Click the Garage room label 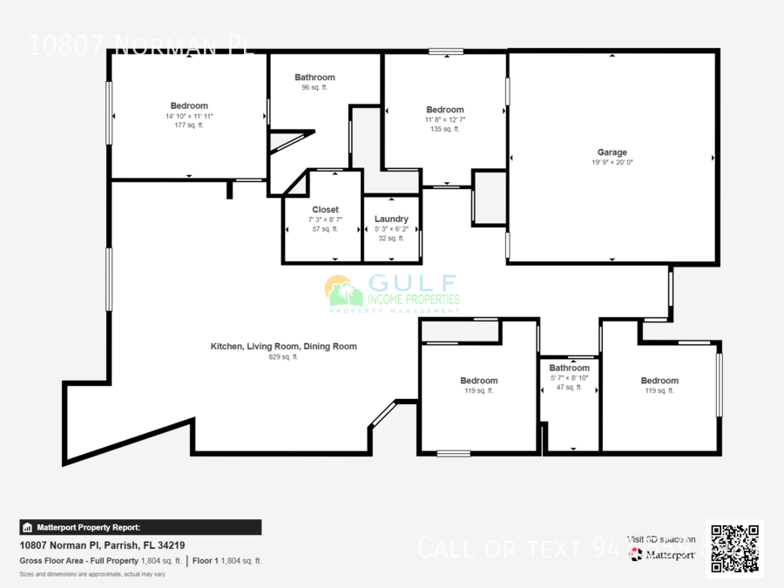[x=612, y=152]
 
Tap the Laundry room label [x=391, y=219]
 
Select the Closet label [x=325, y=210]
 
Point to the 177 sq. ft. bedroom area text [x=188, y=125]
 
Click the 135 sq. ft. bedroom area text [x=445, y=129]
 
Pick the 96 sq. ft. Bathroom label [x=314, y=78]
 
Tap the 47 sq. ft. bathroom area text [x=569, y=387]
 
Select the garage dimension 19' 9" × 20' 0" [x=612, y=162]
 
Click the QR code [x=734, y=549]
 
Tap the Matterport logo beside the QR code [x=664, y=554]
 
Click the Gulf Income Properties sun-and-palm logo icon [x=343, y=292]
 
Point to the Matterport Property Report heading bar [x=140, y=527]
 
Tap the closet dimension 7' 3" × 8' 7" [x=325, y=220]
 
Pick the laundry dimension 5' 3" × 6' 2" [x=391, y=228]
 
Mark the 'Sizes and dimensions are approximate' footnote [x=92, y=574]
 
